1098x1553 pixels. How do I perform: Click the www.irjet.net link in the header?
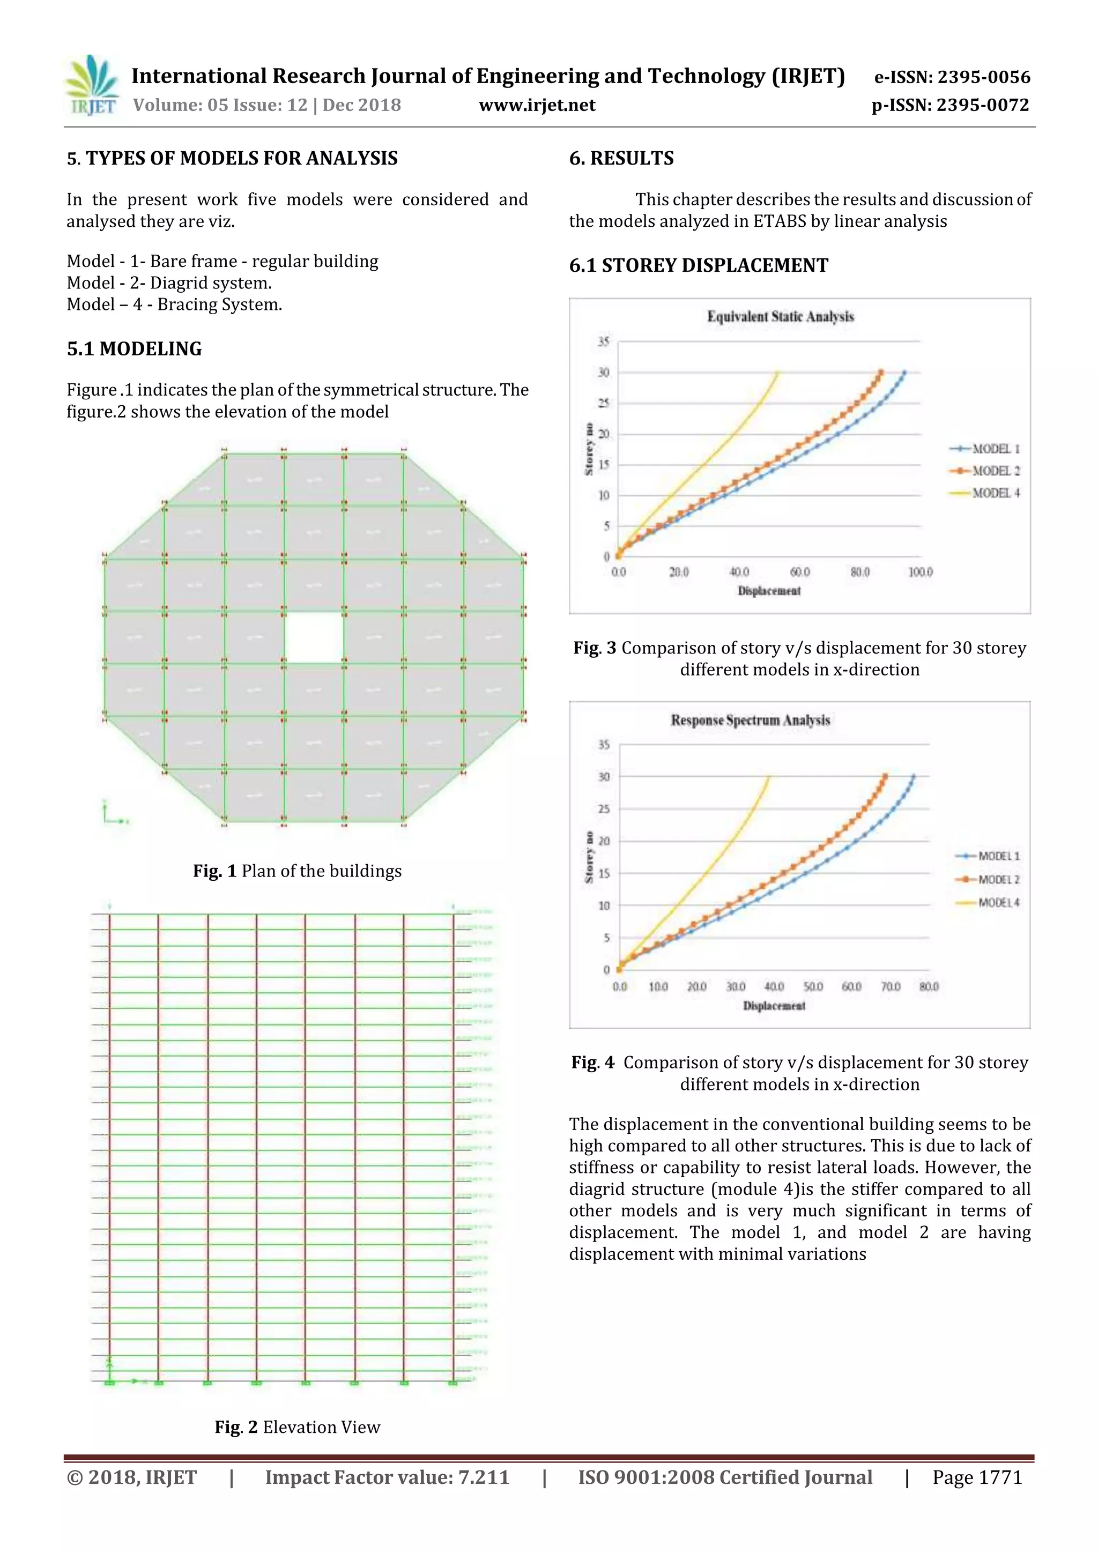coord(537,106)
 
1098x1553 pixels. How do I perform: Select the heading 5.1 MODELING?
coord(134,349)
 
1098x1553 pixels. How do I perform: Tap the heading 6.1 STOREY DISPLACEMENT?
coord(698,265)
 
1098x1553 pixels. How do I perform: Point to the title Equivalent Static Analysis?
coord(780,317)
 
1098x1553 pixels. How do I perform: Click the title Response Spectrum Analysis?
coord(750,720)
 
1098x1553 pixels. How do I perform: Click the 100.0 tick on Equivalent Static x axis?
coord(920,572)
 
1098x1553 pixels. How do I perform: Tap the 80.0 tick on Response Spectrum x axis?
coord(929,987)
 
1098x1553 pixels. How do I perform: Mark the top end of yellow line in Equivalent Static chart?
coord(778,373)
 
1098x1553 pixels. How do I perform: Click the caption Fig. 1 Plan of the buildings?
coord(297,871)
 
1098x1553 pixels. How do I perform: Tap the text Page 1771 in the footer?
coord(977,1477)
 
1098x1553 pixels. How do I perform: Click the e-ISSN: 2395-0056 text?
coord(952,77)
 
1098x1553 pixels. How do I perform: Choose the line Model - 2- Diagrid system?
coord(168,283)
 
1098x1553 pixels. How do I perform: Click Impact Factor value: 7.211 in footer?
coord(387,1477)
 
